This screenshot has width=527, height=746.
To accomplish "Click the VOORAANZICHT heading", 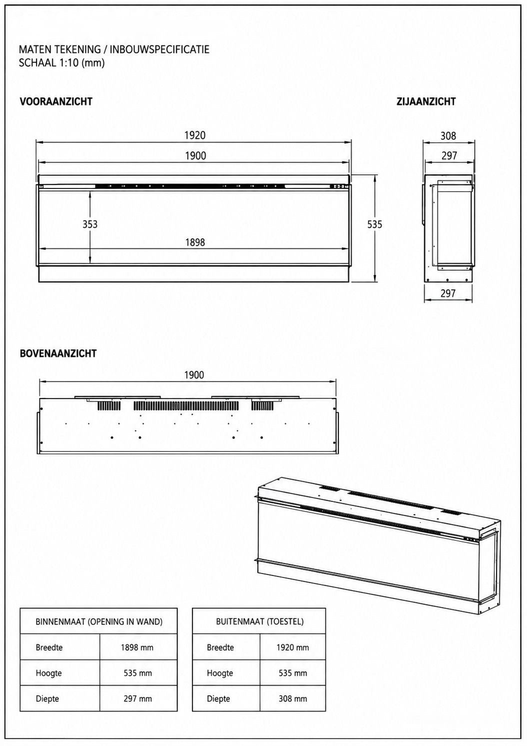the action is coord(56,101).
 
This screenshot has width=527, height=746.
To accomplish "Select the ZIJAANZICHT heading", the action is coord(425,101).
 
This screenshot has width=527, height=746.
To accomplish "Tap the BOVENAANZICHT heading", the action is coord(58,353).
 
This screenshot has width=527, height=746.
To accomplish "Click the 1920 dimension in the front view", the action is coord(195,135).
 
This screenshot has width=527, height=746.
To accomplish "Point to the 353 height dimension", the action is coord(90,224).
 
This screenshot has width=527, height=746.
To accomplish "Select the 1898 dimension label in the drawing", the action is coord(195,242).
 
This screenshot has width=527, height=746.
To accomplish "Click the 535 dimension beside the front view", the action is coord(375,224).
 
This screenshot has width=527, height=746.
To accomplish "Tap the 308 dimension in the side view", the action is coord(448,135).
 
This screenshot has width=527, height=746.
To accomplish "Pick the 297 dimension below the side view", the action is coord(448,293).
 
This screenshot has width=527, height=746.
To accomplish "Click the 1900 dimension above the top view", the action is coord(194,375).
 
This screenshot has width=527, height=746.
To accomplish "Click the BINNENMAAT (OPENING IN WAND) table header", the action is coord(99,621).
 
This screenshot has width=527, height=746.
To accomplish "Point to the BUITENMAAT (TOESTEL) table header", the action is coord(260,621).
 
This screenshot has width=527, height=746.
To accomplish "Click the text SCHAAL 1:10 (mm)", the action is coord(61,62).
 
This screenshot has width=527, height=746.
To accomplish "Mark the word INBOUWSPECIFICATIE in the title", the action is coord(159,49).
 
